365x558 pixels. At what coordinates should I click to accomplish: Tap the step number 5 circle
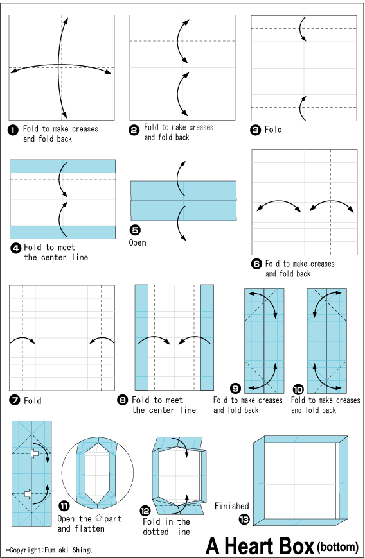coord(135,230)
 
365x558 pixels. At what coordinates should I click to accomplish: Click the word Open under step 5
coord(138,242)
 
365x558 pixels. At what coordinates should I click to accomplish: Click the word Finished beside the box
coord(232,506)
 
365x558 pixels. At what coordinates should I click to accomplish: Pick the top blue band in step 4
coord(62,166)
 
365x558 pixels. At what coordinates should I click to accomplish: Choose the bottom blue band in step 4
coord(62,232)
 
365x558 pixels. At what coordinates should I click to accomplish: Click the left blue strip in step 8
coord(141,337)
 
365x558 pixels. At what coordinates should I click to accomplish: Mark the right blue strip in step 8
coord(207,337)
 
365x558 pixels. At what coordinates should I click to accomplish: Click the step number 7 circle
coord(13,400)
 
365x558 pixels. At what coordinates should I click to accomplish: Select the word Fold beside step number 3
coord(273,130)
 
